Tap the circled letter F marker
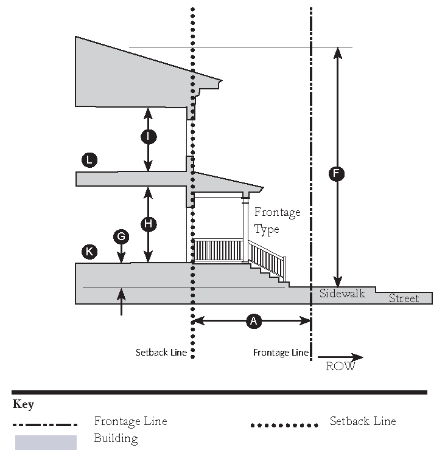336,174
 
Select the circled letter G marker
121,236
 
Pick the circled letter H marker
149,224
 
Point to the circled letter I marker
149,137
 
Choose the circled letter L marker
89,160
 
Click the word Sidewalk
342,294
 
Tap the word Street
404,299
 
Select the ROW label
340,367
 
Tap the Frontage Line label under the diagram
281,353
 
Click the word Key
23,405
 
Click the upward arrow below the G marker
121,302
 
